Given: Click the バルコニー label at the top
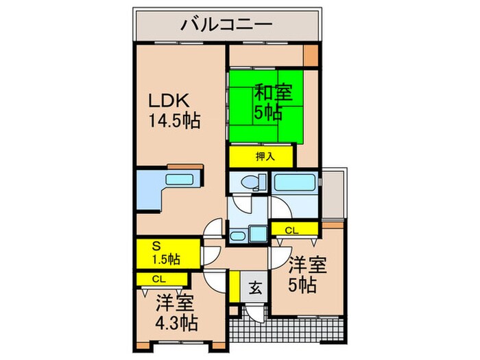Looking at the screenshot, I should (x=227, y=26).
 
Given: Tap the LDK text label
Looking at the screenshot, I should (x=169, y=99).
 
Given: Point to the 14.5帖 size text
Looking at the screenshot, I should (x=175, y=122).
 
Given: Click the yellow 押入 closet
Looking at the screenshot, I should (x=261, y=156).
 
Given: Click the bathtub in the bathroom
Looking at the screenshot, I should (x=295, y=183).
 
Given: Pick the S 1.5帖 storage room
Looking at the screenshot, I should (x=167, y=252).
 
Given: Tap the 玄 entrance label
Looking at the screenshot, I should (x=254, y=287).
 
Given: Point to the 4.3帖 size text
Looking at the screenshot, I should (x=177, y=322).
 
